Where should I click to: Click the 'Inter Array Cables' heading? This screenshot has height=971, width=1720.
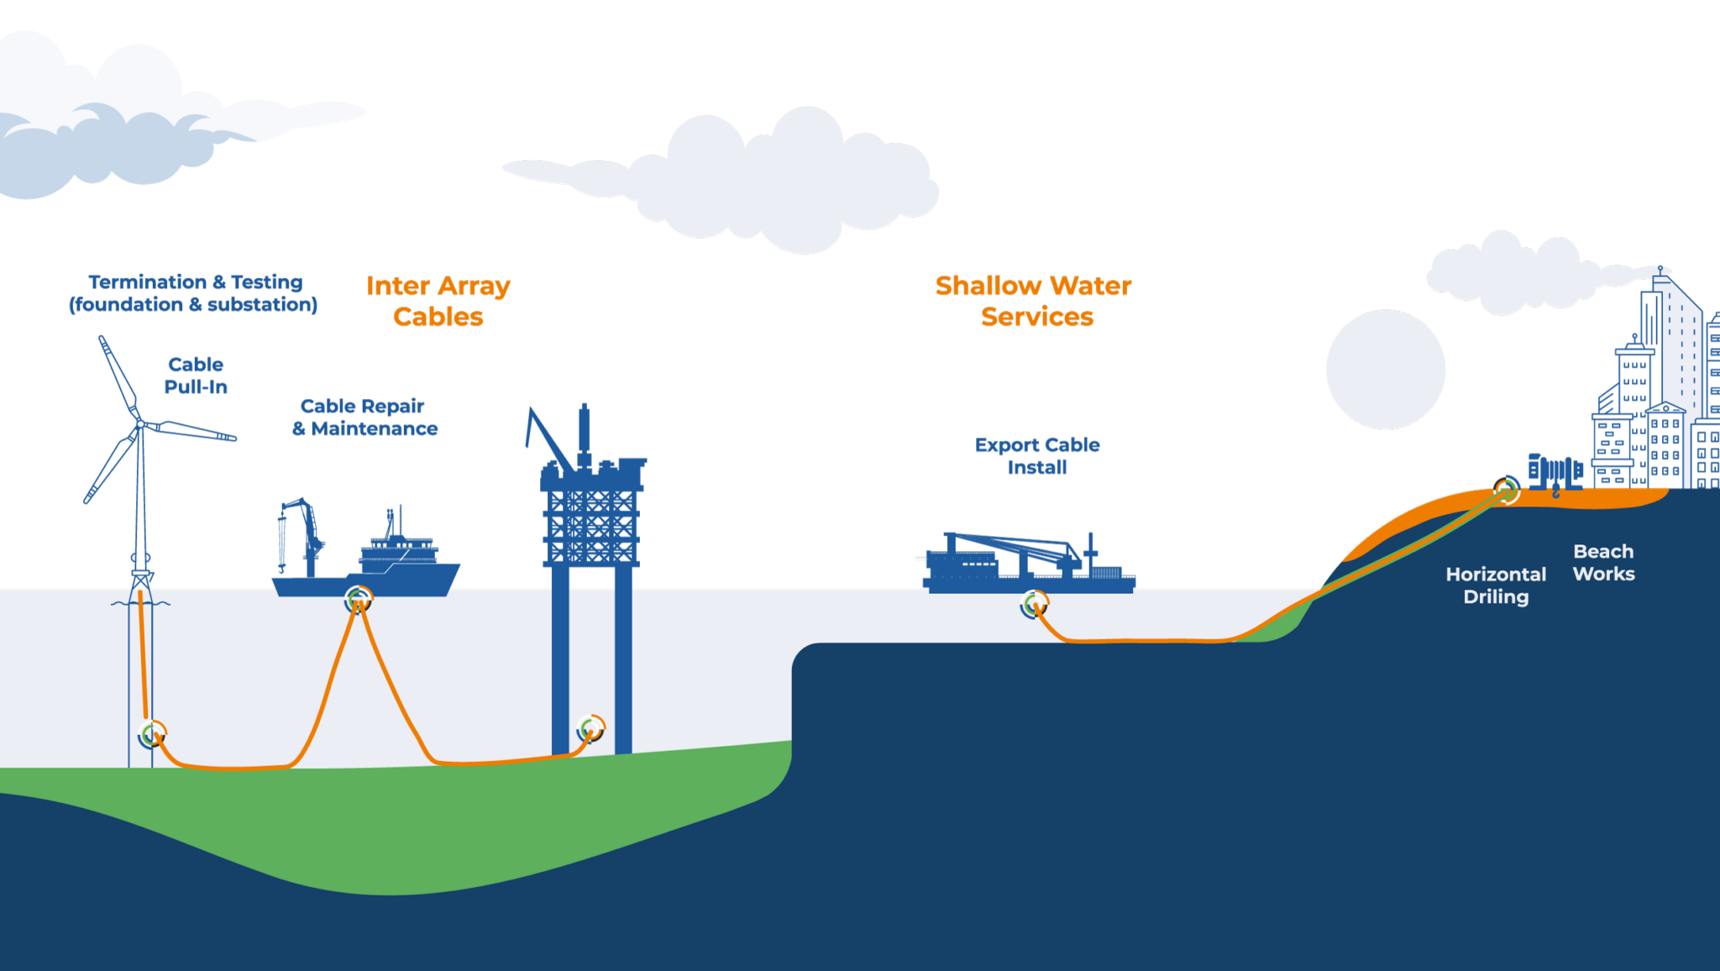tap(438, 301)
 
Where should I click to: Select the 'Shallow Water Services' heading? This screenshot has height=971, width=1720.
tap(1034, 301)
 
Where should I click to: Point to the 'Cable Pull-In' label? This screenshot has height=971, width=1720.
tap(196, 375)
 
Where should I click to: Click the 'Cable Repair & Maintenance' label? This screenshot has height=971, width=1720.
tap(364, 417)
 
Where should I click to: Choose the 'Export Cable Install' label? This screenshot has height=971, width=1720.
tap(1037, 456)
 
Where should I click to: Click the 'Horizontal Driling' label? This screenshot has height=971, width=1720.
tap(1496, 585)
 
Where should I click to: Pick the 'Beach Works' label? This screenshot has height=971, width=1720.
tap(1603, 563)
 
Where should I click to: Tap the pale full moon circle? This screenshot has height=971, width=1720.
tap(1386, 370)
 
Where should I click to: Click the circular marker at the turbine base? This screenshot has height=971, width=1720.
tap(152, 734)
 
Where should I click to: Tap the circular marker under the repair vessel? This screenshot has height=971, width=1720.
tap(358, 599)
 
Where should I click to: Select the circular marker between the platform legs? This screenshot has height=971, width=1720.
tap(591, 728)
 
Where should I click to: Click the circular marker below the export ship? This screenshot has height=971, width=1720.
tap(1034, 603)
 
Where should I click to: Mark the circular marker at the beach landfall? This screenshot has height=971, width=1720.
tap(1507, 489)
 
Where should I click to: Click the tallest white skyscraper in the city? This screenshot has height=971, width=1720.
tap(1675, 378)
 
